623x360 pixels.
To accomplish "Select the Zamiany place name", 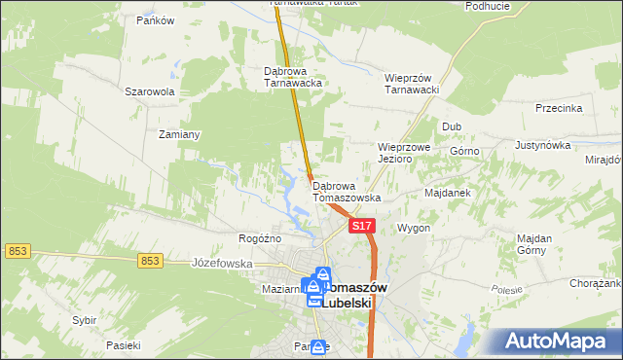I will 180,134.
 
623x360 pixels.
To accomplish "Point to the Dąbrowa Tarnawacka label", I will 293,77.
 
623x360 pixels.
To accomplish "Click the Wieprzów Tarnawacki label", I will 414,84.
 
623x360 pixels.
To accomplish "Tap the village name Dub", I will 451,126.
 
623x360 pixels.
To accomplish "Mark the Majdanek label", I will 448,193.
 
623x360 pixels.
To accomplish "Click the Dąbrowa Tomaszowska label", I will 346,191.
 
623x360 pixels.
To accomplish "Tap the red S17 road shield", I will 362,226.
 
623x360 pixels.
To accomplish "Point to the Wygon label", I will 414,228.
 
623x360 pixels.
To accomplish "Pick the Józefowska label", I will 222,264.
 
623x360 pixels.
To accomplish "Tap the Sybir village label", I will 85,319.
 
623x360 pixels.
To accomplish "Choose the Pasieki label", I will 125,345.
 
